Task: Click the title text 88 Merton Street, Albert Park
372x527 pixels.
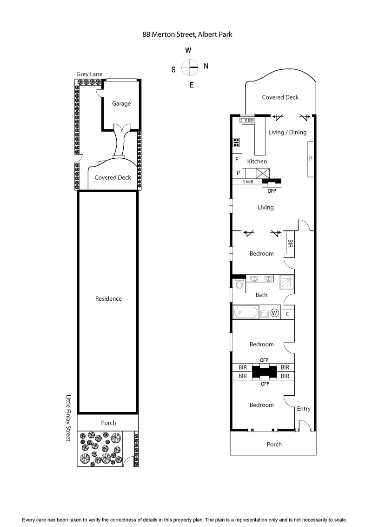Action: click(x=187, y=34)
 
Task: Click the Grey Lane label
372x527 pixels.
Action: click(x=90, y=74)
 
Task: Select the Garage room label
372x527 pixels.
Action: click(x=121, y=104)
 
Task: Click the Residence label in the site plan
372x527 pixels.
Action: click(x=108, y=299)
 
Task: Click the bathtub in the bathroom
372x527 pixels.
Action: click(x=246, y=312)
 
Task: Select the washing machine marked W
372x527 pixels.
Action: click(x=274, y=313)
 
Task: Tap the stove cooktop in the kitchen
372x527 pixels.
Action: click(x=236, y=142)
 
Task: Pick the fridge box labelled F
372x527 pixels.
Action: click(x=237, y=160)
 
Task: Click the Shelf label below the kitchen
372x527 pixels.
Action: click(x=248, y=182)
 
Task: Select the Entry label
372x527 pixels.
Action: click(x=304, y=409)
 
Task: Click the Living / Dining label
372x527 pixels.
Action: click(x=287, y=132)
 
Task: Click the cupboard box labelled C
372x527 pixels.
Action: click(x=288, y=314)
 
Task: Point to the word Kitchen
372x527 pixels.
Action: click(x=257, y=162)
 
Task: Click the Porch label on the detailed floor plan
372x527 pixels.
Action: click(x=274, y=444)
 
